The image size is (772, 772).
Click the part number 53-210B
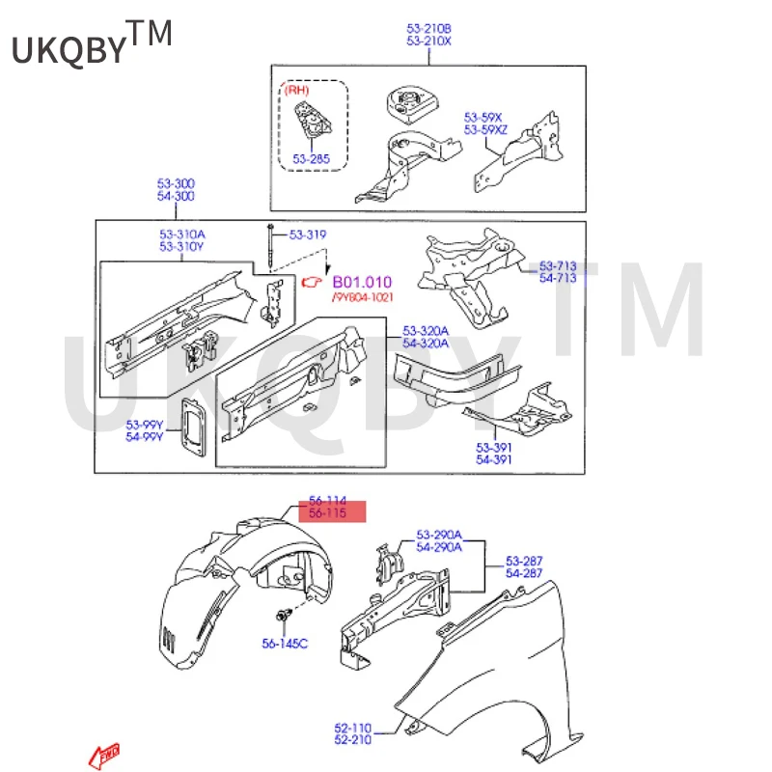(x=428, y=29)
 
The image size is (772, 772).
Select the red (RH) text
(x=296, y=90)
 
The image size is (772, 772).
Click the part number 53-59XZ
(x=486, y=128)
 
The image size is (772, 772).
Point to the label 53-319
(x=309, y=234)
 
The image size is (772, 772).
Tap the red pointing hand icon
(x=312, y=282)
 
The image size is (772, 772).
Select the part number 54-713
(x=558, y=278)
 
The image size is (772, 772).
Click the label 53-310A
(x=182, y=234)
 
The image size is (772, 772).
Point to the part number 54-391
(x=493, y=459)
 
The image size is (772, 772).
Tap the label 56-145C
(x=285, y=643)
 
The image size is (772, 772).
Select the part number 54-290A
(x=439, y=547)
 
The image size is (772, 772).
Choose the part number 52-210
(x=352, y=740)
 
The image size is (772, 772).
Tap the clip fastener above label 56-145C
(x=284, y=616)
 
